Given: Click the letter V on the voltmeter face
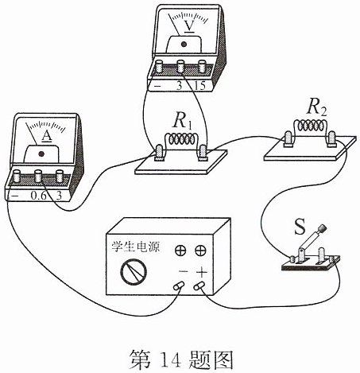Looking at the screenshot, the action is pos(189,26).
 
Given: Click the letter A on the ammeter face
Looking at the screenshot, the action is pos(47,136).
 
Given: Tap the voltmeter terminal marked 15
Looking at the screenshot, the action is pos(202,66).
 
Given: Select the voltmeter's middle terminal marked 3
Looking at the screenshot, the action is pos(180,66).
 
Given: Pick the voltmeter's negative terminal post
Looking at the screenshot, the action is pos(159,66).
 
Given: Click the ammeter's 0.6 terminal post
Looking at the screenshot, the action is pos(38,176).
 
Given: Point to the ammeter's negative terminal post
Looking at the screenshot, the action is pos(17,176).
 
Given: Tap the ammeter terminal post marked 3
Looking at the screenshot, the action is pos(60,176).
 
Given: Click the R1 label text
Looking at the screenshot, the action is pos(183,122).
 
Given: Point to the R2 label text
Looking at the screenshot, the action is pos(317,108).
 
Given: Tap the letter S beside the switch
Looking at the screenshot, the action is pos(300,227).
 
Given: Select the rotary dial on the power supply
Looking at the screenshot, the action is pos(134,272).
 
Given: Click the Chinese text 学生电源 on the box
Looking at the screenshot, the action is pos(136,247).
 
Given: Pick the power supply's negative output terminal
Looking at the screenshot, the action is pos(178,286).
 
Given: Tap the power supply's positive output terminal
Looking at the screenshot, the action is pos(199,286).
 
